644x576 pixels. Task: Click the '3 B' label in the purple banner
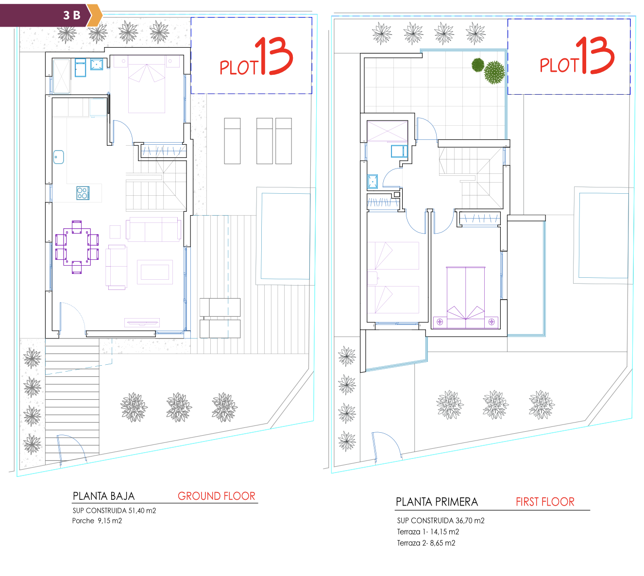point(72,15)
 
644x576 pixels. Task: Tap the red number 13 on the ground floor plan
point(274,56)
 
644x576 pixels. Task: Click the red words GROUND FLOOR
point(216,496)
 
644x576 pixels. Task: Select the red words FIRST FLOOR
point(545,502)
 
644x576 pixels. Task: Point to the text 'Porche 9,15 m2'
point(97,520)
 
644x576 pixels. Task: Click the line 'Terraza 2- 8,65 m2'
point(426,542)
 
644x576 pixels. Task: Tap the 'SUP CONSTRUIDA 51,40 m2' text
point(114,510)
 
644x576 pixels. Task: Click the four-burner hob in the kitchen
point(83,193)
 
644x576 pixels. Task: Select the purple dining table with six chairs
point(77,247)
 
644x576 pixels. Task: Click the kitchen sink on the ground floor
point(58,157)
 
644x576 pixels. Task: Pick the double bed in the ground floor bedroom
point(147,84)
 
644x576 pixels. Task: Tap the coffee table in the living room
point(155,272)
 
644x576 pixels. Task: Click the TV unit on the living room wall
point(142,322)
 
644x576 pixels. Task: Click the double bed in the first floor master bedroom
point(466,297)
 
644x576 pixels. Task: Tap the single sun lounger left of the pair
point(232,141)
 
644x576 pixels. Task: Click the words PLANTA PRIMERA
point(437,502)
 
